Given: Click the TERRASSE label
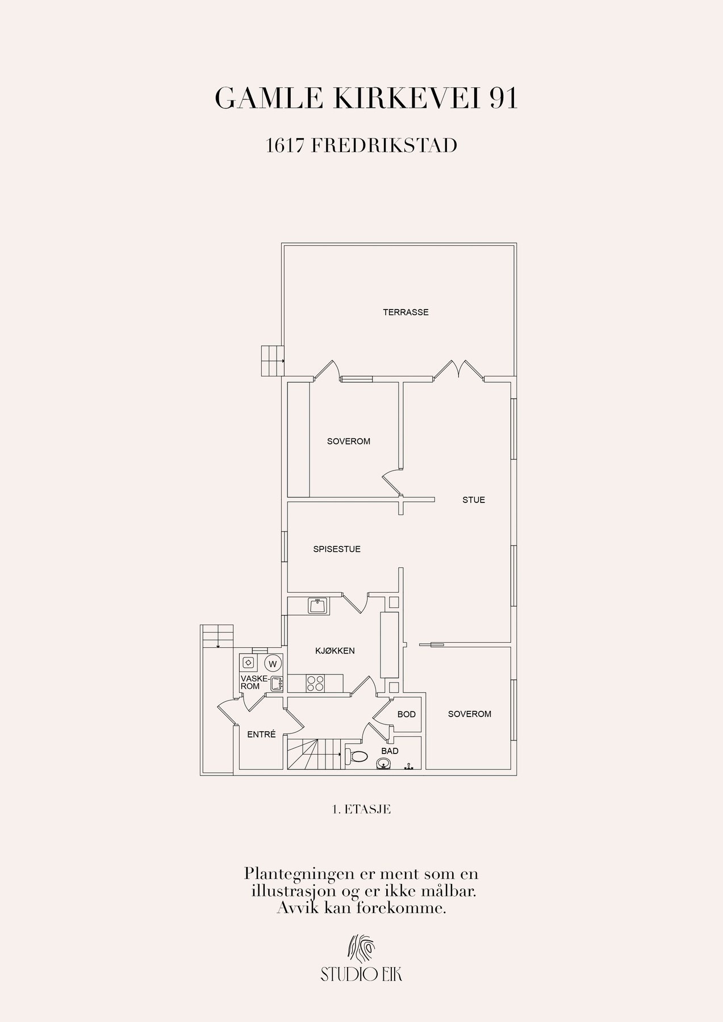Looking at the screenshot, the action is (x=406, y=312).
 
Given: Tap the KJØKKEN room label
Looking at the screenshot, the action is (x=335, y=651).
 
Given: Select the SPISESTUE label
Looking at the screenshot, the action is (x=337, y=549).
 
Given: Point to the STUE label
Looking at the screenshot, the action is (x=474, y=500).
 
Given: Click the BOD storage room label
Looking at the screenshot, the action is (x=407, y=714).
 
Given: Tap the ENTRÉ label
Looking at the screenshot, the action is (x=261, y=734).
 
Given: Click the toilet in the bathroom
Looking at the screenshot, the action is (x=356, y=756).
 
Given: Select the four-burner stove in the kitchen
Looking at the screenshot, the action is (x=315, y=683).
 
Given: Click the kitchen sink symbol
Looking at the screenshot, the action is (x=318, y=606).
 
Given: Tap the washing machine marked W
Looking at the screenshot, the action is (x=273, y=663).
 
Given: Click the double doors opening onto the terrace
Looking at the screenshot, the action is (x=459, y=369).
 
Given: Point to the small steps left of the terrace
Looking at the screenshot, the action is (x=272, y=361).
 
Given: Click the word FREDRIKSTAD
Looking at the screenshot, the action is (x=385, y=146).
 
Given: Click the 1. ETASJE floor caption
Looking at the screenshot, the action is (x=362, y=810).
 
